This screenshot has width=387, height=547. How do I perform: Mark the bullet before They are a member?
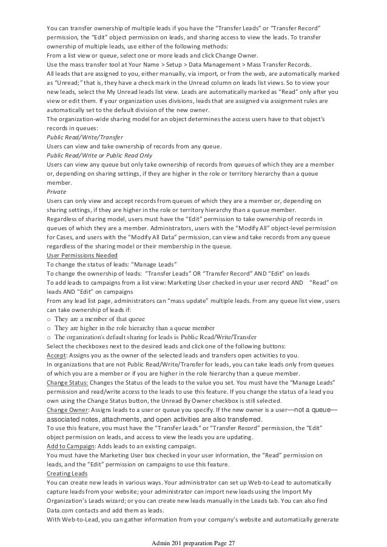click(x=49, y=317)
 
